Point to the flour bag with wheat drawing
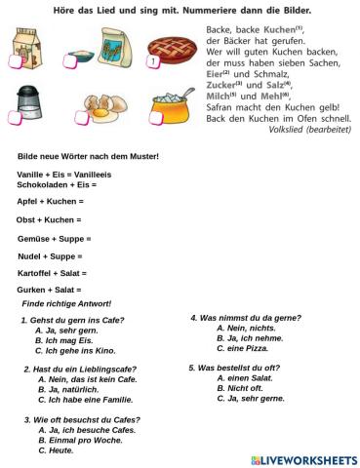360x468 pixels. [100, 49]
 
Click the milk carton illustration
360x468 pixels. [27, 49]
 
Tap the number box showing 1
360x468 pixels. [153, 63]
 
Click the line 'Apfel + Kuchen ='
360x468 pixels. [50, 201]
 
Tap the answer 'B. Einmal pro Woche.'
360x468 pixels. [81, 440]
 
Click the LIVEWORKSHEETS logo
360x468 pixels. [303, 459]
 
